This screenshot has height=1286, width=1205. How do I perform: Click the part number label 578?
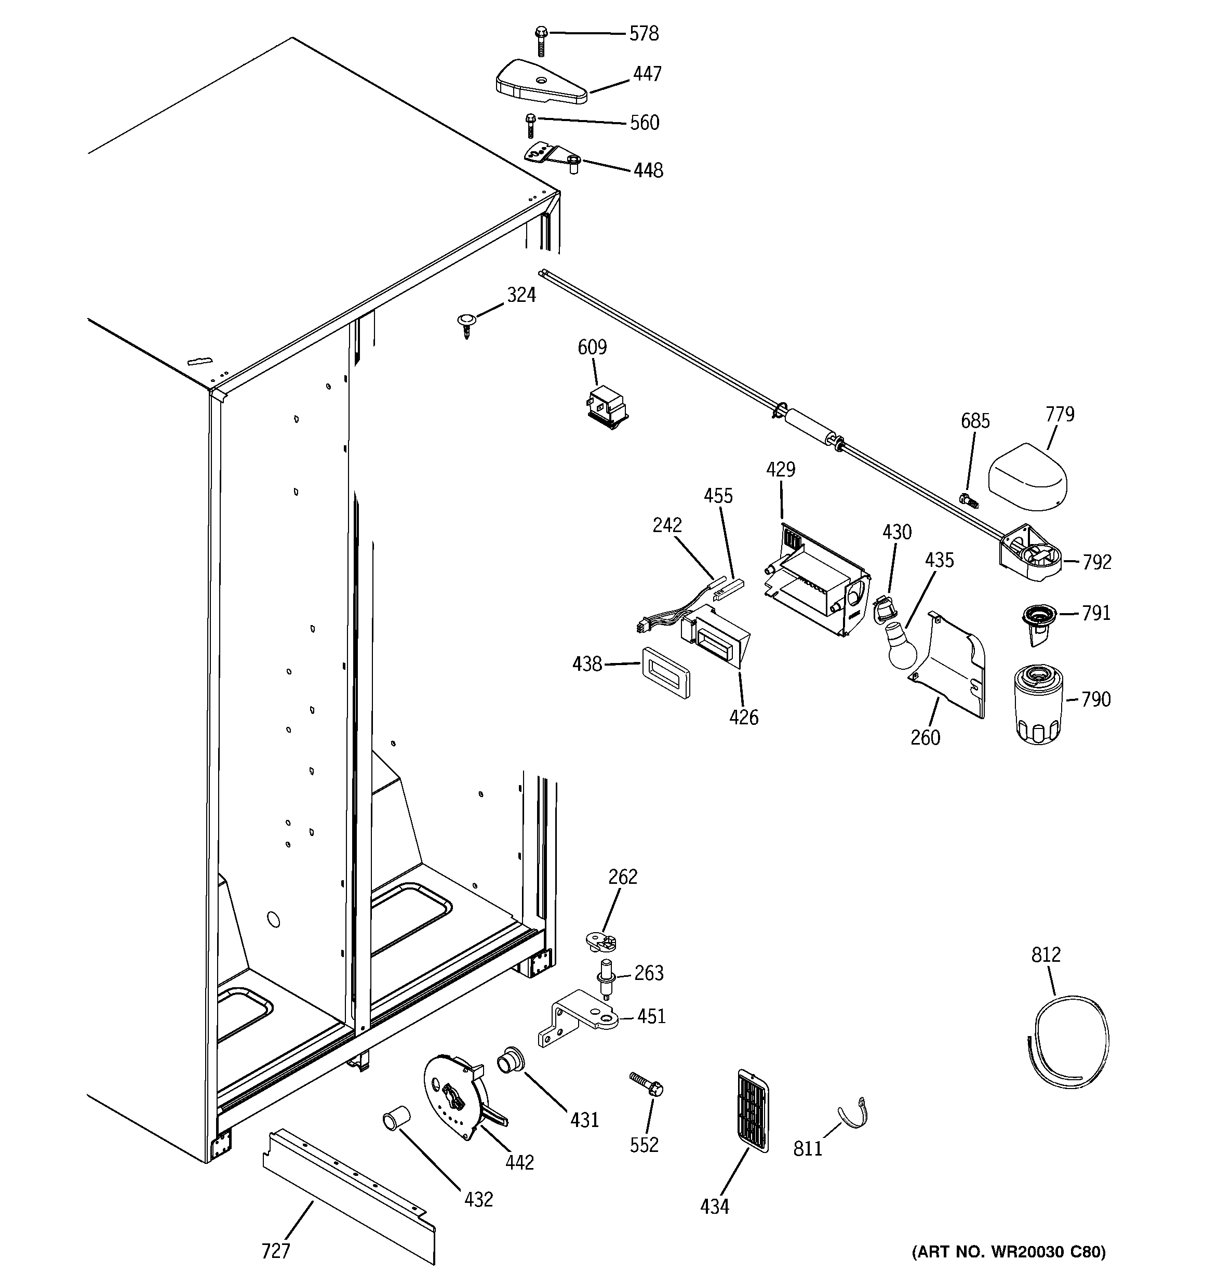pos(644,34)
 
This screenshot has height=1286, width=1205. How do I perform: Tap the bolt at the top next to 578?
pos(541,39)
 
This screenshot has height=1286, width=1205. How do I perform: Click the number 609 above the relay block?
pos(592,348)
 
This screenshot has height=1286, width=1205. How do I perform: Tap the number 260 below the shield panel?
pos(925,737)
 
